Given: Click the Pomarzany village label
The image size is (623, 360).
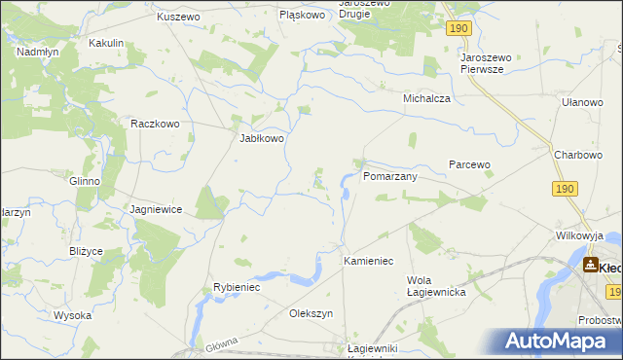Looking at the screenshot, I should click(x=390, y=178).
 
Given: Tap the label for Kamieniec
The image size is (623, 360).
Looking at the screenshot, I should click(x=368, y=262).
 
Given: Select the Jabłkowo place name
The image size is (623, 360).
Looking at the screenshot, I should click(x=262, y=139).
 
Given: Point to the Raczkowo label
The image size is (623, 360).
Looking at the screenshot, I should click(x=156, y=125).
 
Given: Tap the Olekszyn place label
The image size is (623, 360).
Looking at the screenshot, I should click(x=311, y=314).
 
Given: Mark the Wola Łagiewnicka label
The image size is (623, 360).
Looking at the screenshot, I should click(x=436, y=286).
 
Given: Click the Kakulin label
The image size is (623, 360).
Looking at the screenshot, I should click(x=106, y=44).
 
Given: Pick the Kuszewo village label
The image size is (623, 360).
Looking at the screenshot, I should click(x=178, y=18).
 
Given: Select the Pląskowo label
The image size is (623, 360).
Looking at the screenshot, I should click(x=302, y=16).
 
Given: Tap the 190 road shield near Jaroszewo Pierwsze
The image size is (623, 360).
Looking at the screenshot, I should click(x=460, y=31).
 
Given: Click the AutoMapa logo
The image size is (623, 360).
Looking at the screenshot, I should click(x=558, y=341).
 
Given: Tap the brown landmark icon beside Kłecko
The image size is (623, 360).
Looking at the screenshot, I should click(x=590, y=265).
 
